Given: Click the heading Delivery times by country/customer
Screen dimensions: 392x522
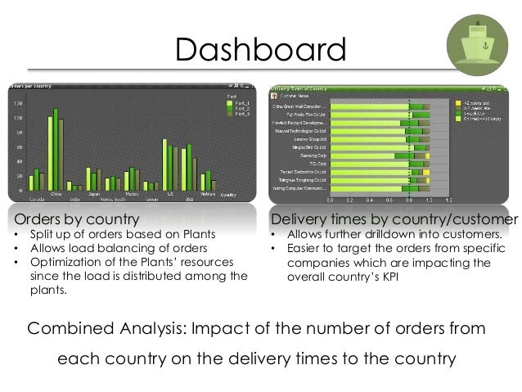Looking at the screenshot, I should coord(394,219).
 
